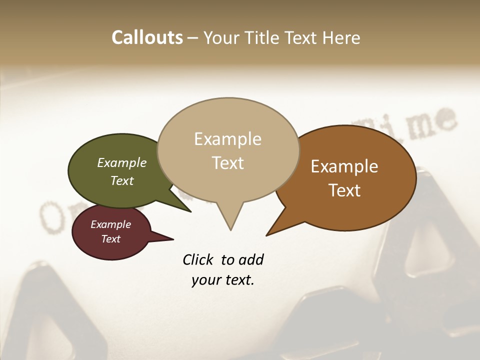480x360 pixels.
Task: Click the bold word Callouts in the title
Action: pyautogui.click(x=147, y=37)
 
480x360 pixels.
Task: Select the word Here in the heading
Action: pyautogui.click(x=341, y=37)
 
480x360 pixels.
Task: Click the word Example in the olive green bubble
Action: pyautogui.click(x=122, y=162)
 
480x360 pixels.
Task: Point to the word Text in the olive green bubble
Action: pyautogui.click(x=122, y=180)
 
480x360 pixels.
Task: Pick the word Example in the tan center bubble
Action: pyautogui.click(x=227, y=139)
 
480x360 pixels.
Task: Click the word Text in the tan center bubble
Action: pyautogui.click(x=227, y=163)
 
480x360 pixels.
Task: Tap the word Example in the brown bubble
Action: pyautogui.click(x=344, y=166)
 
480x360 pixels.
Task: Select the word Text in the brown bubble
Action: pyautogui.click(x=344, y=190)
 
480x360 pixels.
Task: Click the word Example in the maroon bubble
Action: pyautogui.click(x=111, y=224)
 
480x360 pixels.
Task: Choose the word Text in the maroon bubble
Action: pyautogui.click(x=111, y=239)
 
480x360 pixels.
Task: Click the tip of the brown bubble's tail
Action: pyautogui.click(x=267, y=235)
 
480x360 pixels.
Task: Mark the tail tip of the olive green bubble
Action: pyautogui.click(x=190, y=211)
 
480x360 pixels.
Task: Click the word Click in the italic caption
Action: pyautogui.click(x=199, y=260)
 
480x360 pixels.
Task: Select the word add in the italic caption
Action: pyautogui.click(x=251, y=260)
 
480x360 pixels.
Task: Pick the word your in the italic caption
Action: pyautogui.click(x=204, y=280)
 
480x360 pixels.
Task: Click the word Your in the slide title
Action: pyautogui.click(x=220, y=37)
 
